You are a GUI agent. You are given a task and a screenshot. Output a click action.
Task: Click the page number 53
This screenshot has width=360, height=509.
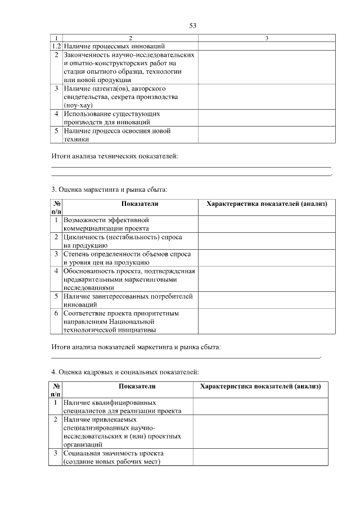192,26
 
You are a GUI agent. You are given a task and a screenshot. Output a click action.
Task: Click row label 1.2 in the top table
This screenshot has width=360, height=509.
56,46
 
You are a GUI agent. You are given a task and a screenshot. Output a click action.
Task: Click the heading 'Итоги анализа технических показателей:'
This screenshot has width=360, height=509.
114,156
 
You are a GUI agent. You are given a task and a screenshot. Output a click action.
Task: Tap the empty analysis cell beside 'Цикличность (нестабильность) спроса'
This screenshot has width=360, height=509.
267,241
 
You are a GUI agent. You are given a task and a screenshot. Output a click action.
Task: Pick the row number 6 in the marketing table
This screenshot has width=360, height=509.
56,313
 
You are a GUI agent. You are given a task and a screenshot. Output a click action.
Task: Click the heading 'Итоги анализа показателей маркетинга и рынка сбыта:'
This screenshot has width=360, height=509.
136,348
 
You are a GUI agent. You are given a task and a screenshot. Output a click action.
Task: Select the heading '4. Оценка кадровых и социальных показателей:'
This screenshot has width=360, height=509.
124,372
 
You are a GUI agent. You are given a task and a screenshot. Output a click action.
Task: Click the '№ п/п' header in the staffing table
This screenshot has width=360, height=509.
56,390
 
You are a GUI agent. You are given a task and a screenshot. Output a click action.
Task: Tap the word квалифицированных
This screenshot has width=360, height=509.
121,403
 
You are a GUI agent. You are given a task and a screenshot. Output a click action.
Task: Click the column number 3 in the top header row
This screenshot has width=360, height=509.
267,38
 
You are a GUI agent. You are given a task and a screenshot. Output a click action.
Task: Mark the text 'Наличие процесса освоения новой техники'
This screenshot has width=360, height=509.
117,135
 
